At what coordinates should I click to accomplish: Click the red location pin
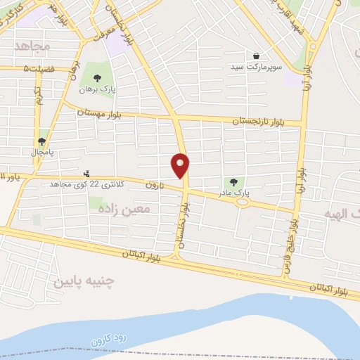(x=180, y=165)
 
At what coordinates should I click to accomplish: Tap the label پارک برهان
(x=96, y=90)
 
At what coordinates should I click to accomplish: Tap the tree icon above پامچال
(x=44, y=139)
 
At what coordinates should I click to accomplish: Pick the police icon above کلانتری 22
(x=86, y=173)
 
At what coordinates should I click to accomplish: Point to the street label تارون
(x=154, y=185)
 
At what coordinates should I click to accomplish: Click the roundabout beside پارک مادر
(x=243, y=202)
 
